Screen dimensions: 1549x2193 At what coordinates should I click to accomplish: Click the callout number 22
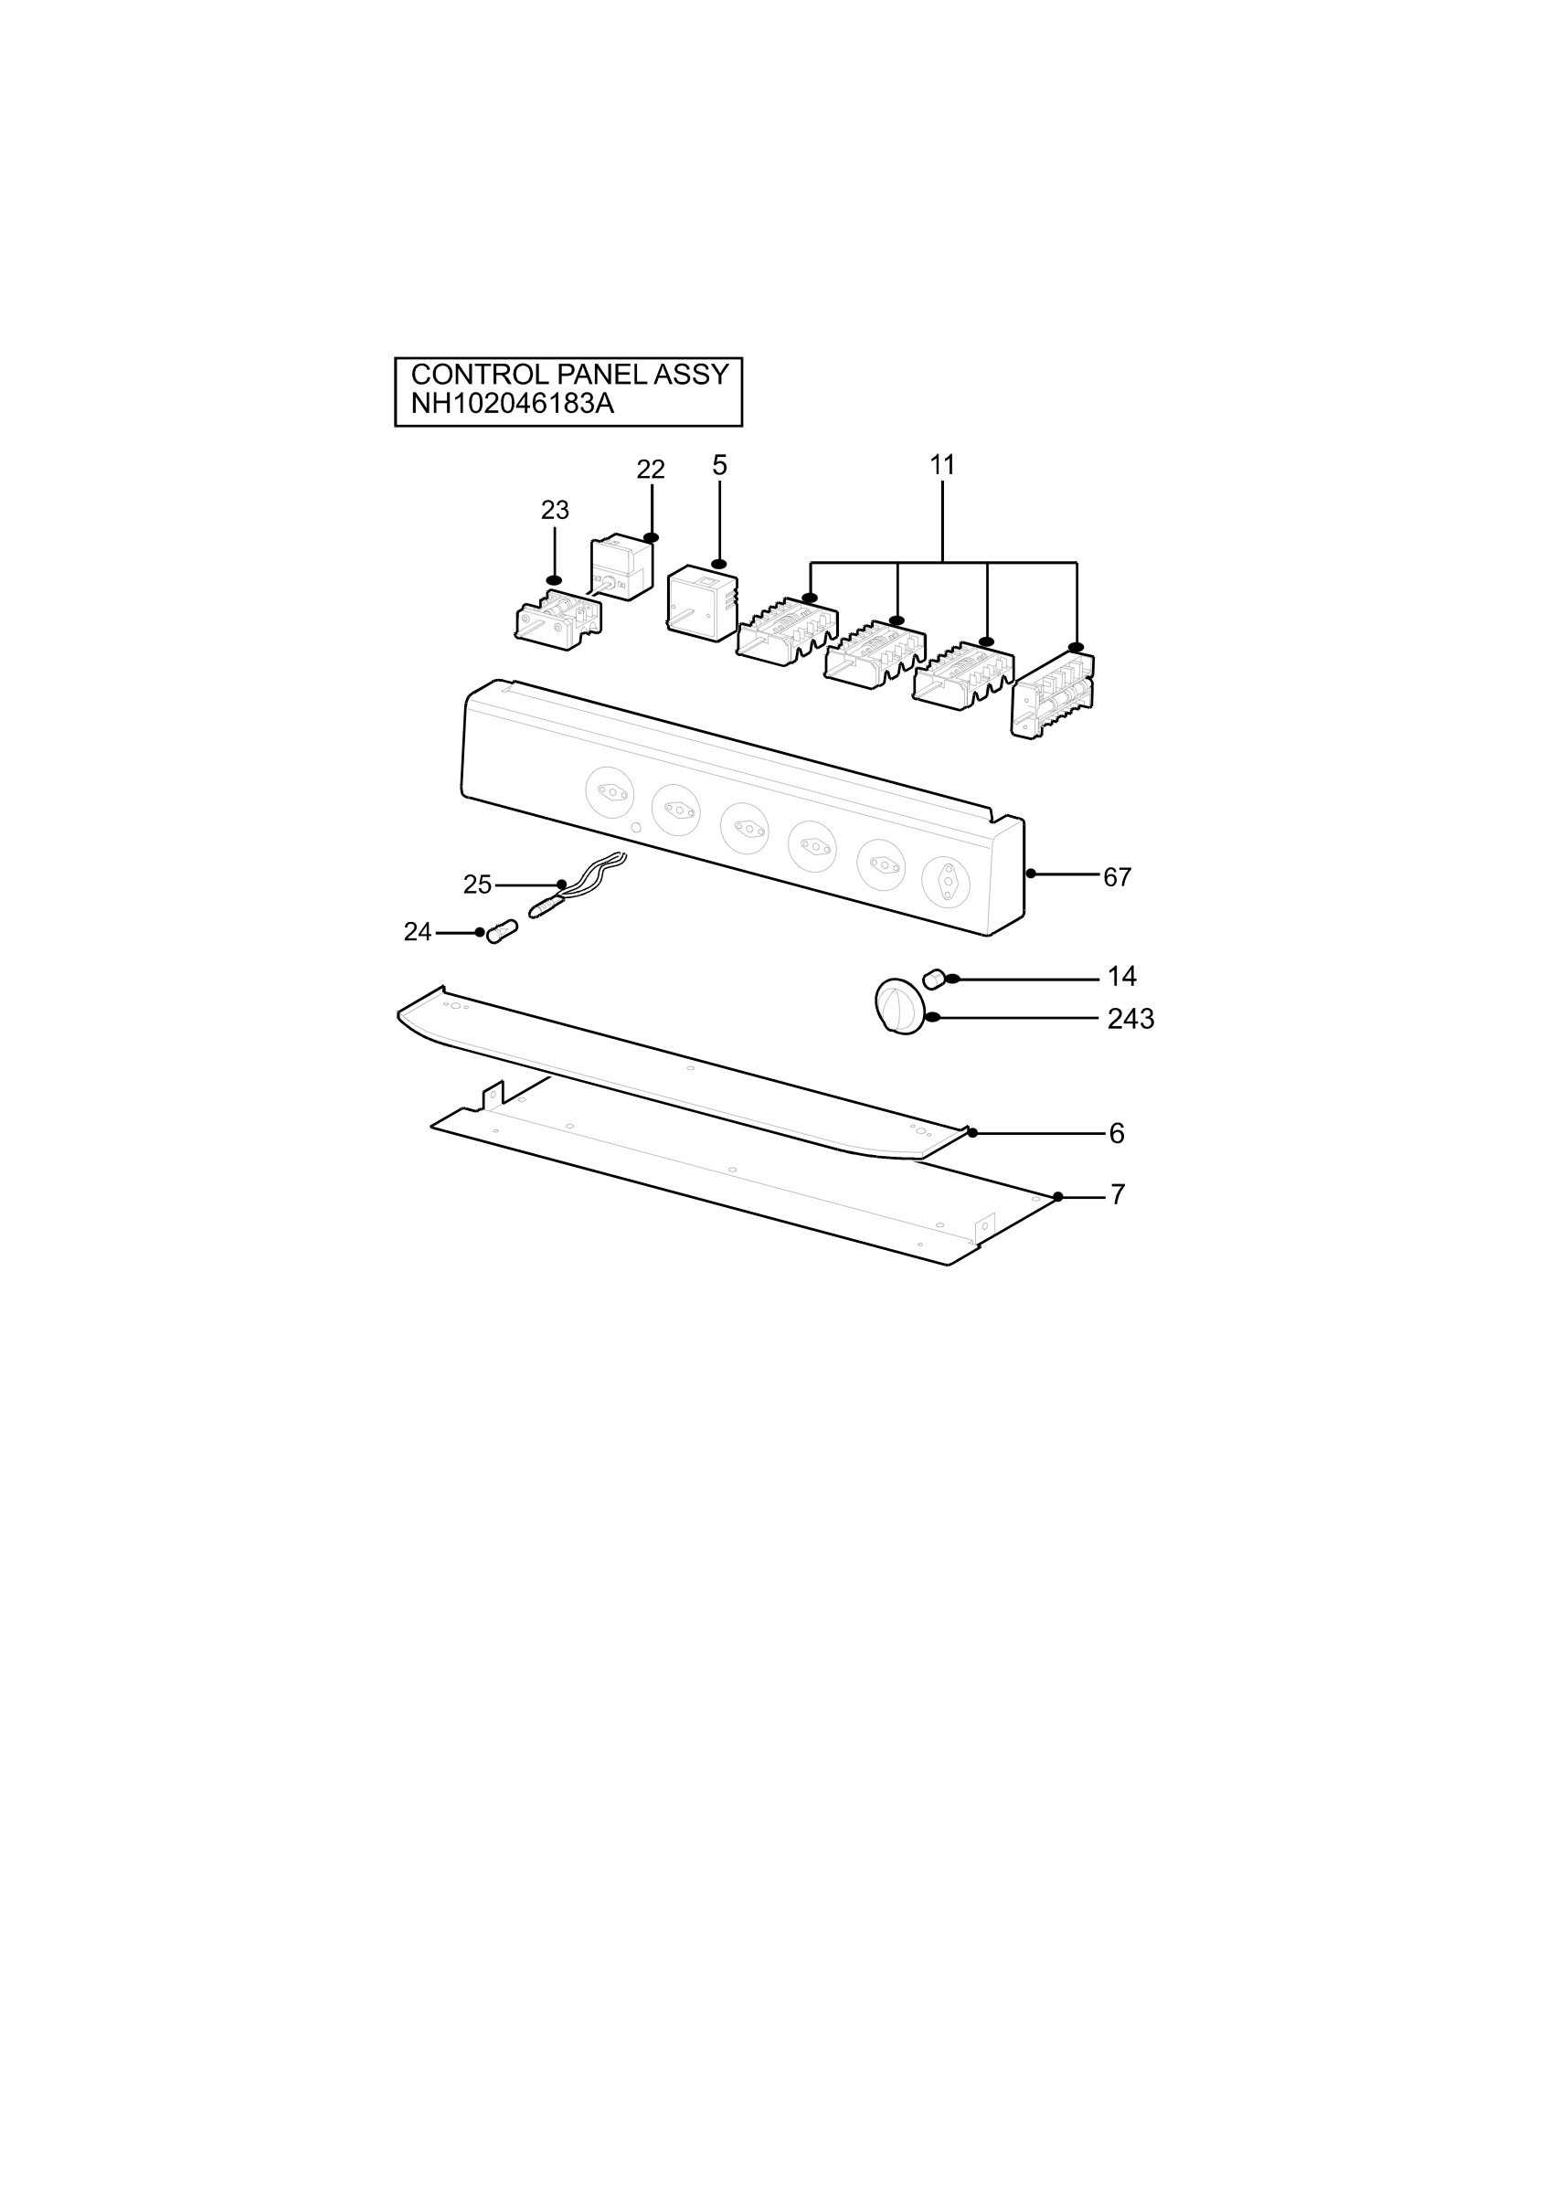[651, 469]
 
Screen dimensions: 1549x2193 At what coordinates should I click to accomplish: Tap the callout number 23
[555, 511]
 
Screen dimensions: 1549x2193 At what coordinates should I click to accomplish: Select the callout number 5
[720, 465]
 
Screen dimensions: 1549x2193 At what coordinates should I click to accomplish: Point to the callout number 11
[942, 465]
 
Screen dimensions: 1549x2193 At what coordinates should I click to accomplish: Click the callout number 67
[1118, 877]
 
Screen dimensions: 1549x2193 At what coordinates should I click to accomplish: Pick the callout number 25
[478, 885]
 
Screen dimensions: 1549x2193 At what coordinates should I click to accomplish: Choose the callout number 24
[418, 932]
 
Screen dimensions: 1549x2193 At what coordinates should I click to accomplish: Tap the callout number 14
[1122, 976]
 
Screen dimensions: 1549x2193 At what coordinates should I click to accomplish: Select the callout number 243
[1130, 1019]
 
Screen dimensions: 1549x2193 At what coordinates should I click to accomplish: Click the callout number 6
[1117, 1134]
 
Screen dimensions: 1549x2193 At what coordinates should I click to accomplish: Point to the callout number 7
[1118, 1195]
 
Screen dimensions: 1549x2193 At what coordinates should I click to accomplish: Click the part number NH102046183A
[512, 404]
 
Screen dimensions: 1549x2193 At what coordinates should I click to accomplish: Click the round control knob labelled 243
[899, 1005]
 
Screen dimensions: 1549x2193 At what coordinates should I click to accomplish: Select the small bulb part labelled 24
[503, 931]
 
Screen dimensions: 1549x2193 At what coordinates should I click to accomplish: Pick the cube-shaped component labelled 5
[703, 603]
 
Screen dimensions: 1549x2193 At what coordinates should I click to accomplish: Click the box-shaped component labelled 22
[621, 569]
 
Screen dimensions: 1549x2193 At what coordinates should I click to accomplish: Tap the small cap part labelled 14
[934, 978]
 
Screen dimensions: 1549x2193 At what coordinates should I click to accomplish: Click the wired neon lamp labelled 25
[576, 885]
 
